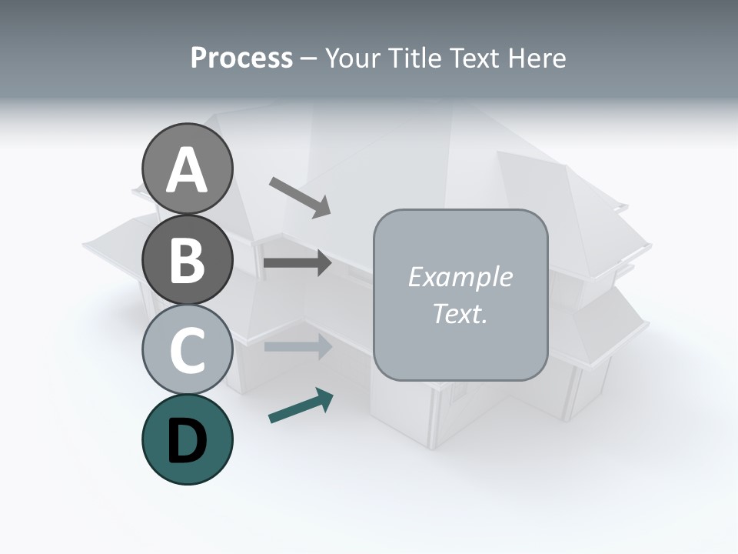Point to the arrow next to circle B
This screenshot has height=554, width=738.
pos(298,263)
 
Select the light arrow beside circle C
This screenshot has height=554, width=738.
pos(298,346)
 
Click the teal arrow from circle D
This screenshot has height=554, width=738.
pos(301,406)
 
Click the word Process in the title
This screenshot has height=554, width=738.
pos(241,58)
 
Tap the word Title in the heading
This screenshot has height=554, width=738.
pos(416,58)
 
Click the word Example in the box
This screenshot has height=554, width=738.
pos(460,277)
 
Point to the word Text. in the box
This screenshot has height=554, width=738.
pos(460,313)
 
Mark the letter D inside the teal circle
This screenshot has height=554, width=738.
pos(188,440)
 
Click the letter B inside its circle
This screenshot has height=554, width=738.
pos(188,260)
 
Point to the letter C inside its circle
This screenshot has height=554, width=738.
pos(188,350)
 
